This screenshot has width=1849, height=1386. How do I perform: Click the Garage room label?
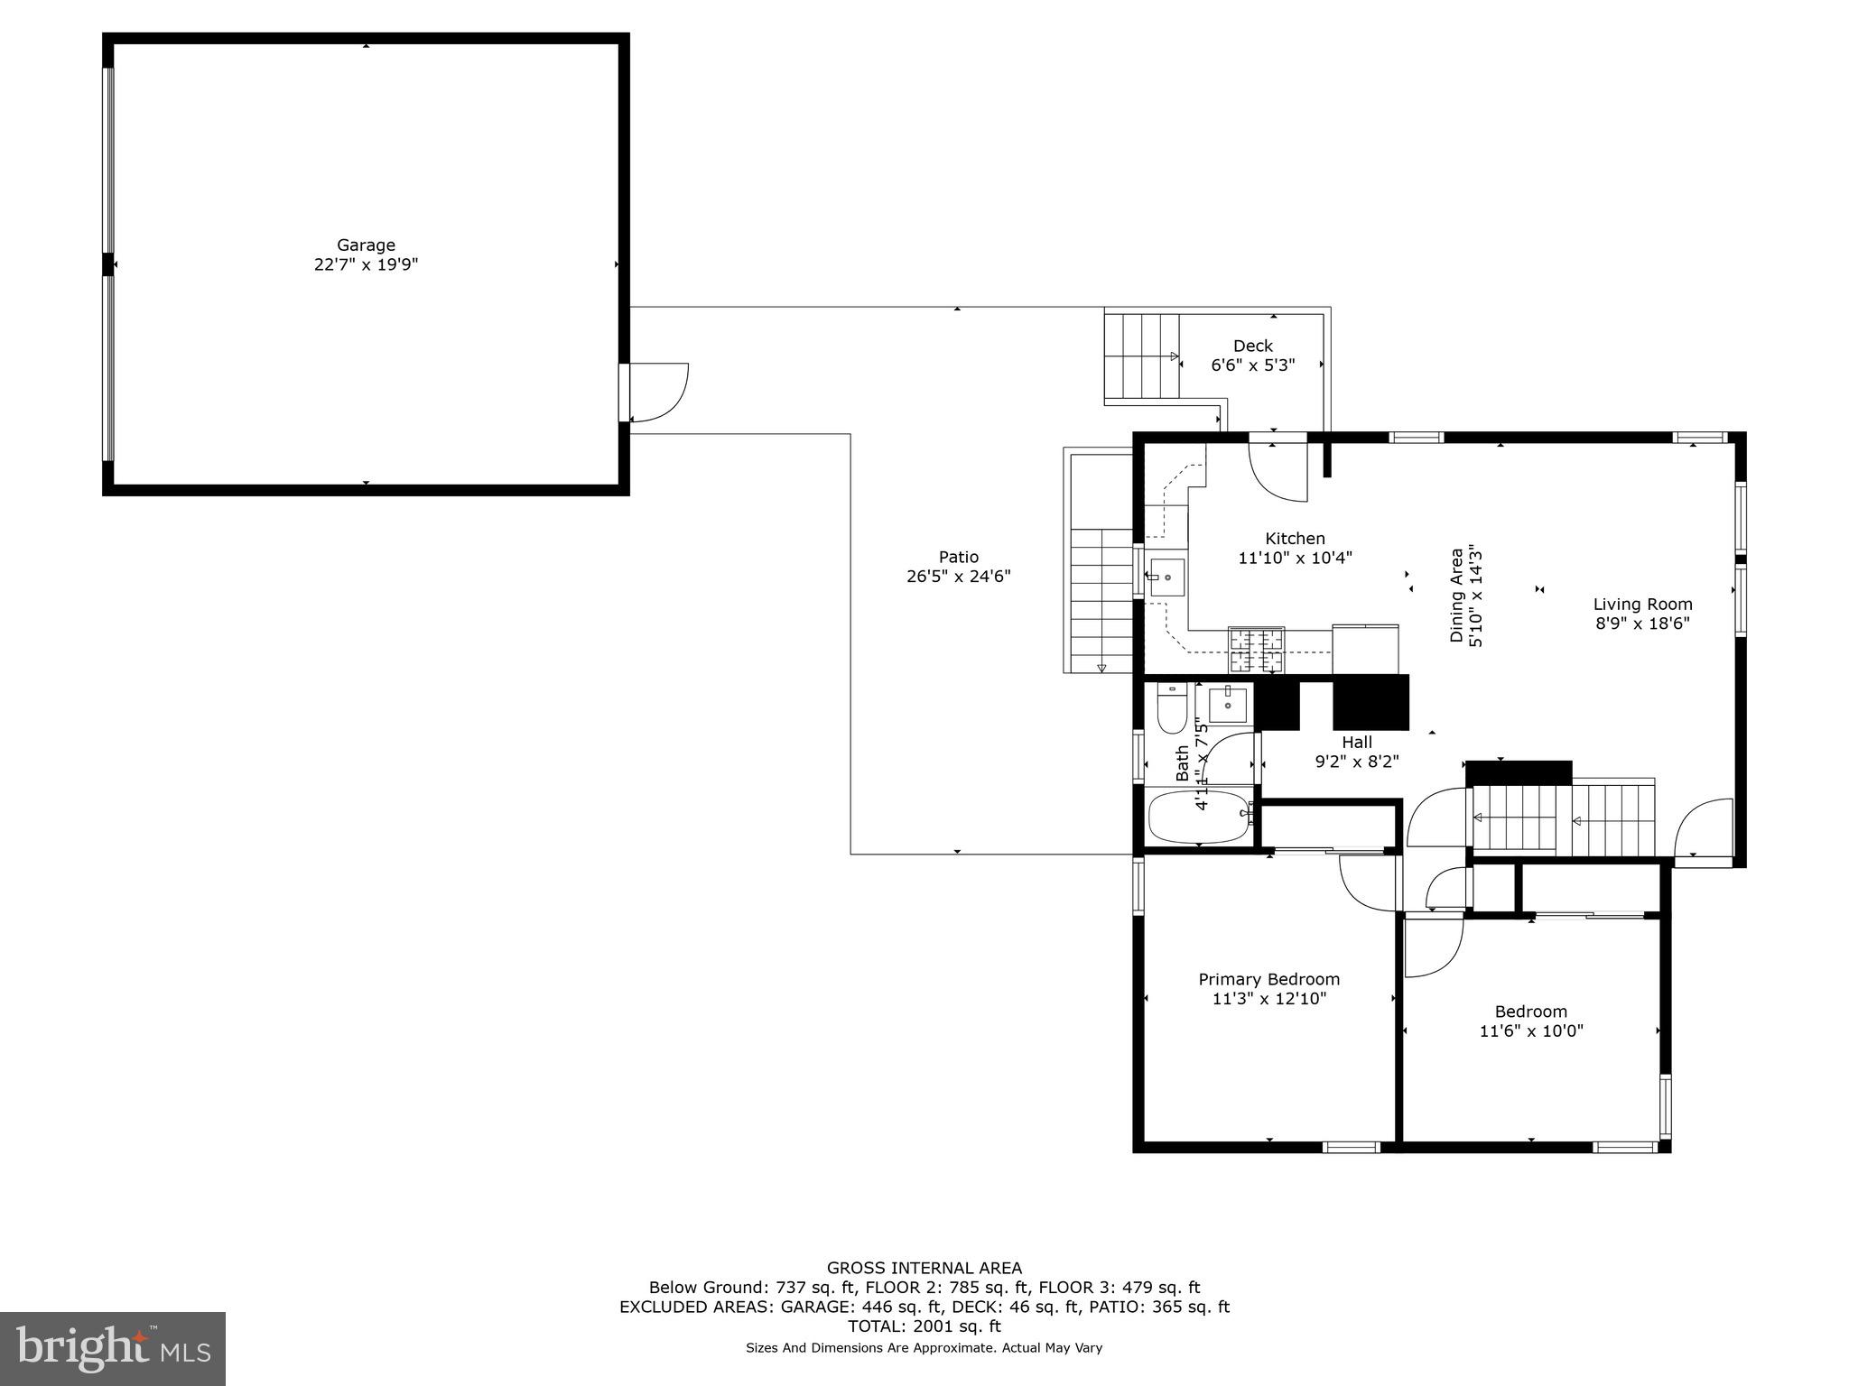click(x=366, y=245)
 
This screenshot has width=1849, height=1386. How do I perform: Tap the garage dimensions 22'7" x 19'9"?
click(x=366, y=265)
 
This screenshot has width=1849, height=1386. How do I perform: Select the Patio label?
click(x=958, y=557)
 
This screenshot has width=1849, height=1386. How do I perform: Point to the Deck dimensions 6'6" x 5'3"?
click(x=1252, y=365)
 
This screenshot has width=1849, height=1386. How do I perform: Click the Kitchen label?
click(x=1295, y=539)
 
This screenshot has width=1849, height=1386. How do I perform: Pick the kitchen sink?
click(x=1166, y=577)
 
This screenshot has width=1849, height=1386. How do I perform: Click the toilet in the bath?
click(x=1172, y=708)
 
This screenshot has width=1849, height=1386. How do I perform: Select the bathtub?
click(x=1199, y=817)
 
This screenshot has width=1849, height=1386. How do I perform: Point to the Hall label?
click(x=1356, y=742)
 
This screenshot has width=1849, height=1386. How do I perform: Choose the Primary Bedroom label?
click(x=1268, y=979)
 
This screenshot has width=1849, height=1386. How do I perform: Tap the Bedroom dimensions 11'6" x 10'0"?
click(x=1530, y=1030)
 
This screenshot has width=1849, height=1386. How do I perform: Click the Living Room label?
click(x=1641, y=605)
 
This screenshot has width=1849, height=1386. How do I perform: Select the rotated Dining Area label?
click(x=1455, y=595)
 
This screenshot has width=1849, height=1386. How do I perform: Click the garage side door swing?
click(x=657, y=393)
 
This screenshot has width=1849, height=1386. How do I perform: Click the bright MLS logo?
click(x=113, y=1348)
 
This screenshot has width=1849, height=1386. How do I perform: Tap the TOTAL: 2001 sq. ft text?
click(x=924, y=1326)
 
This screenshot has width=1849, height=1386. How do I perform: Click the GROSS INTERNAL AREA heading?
click(x=924, y=1268)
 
